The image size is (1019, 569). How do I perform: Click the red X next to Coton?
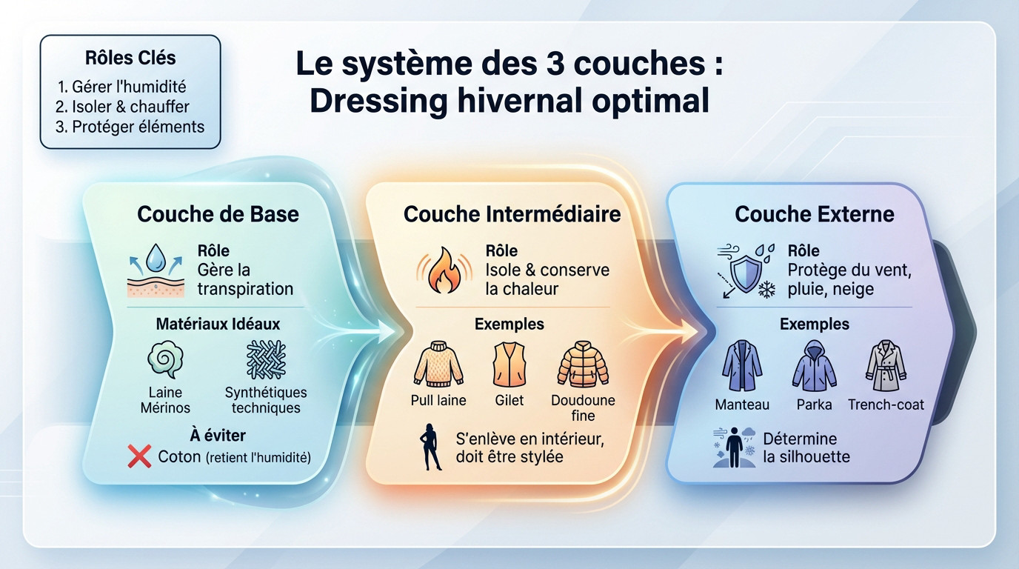coord(139,457)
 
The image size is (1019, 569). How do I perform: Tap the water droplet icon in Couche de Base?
coord(155,260)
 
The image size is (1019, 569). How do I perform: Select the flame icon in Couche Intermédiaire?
coord(444,270)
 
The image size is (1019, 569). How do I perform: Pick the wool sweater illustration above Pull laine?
coord(438,365)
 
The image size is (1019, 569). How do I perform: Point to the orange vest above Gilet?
coord(509,365)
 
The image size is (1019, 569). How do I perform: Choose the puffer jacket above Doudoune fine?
coord(583,365)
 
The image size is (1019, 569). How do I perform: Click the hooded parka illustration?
coord(814,366)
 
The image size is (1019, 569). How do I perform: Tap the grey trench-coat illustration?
coord(886,366)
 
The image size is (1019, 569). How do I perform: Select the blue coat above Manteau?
coord(741,366)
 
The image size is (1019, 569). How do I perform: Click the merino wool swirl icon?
coord(164,361)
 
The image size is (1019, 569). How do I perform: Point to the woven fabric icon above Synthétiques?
coord(265,359)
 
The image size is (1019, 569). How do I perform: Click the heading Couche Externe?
coord(814,215)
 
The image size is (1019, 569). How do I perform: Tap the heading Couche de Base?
coord(218,215)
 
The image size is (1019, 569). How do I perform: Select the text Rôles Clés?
coord(130,58)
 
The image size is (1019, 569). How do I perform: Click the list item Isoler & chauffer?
coord(122,107)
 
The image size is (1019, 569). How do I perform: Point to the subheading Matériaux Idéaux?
coord(218,324)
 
